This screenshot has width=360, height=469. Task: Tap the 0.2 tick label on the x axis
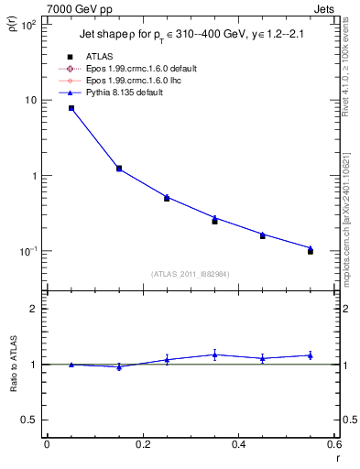[x=142, y=444]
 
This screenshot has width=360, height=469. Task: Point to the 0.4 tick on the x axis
[x=238, y=444]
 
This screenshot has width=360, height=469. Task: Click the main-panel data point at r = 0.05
[x=71, y=108]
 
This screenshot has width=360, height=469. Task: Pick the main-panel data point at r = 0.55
[x=311, y=250]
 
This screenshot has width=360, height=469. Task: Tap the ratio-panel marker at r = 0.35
[x=214, y=354]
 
